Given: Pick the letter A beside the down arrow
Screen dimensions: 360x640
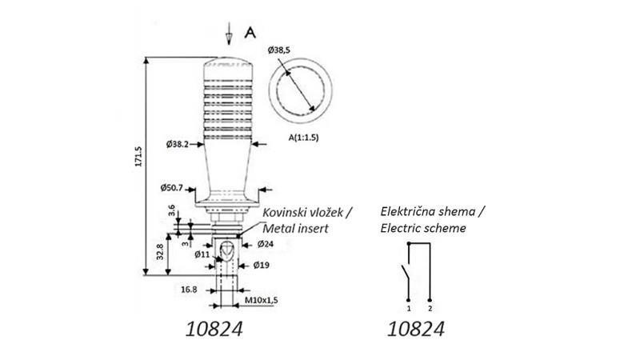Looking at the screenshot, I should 250,33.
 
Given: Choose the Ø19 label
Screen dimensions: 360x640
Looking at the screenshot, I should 262,264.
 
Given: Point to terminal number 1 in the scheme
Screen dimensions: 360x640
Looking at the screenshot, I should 408,307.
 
